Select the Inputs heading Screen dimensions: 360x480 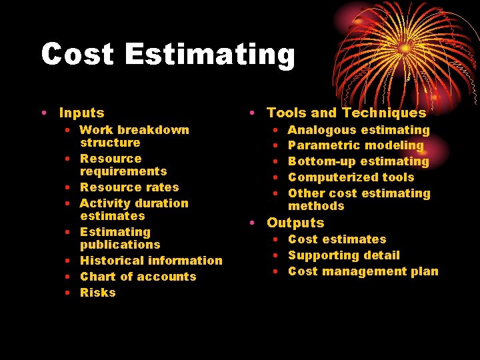pos(81,113)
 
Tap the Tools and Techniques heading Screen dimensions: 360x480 pos(346,113)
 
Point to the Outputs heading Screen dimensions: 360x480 pos(295,223)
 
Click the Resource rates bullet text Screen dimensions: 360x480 pos(129,187)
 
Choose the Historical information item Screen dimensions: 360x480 pos(151,261)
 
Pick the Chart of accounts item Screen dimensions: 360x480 pos(138,277)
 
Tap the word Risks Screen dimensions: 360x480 pos(98,293)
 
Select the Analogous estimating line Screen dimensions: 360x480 pos(359,130)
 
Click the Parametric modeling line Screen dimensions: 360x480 pos(355,145)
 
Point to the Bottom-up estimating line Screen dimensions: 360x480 pos(359,161)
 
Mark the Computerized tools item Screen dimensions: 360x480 pos(351,177)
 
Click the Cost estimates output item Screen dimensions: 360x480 pos(337,239)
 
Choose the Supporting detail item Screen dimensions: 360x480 pos(343,255)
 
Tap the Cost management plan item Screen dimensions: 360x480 pos(363,271)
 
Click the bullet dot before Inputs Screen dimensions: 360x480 pos(43,114)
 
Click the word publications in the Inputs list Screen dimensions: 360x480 pos(120,245)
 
